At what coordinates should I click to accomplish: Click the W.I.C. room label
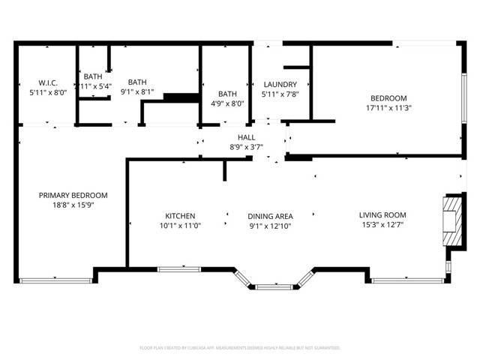(x=42, y=83)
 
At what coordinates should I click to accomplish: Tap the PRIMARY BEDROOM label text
(x=73, y=195)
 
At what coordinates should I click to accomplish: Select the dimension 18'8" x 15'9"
(x=73, y=204)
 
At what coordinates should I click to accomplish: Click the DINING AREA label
(x=270, y=216)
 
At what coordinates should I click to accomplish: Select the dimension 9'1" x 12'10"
(x=270, y=225)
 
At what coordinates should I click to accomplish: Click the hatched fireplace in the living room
(x=453, y=220)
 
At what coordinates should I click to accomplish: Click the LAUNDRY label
(x=280, y=85)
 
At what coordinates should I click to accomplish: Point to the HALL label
(x=246, y=137)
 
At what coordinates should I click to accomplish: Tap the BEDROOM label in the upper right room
(x=388, y=98)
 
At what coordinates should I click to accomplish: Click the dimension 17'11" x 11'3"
(x=388, y=107)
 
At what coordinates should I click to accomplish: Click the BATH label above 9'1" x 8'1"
(x=137, y=83)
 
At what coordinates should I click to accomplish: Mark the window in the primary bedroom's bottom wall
(x=55, y=280)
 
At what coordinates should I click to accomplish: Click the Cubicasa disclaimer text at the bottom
(x=240, y=348)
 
